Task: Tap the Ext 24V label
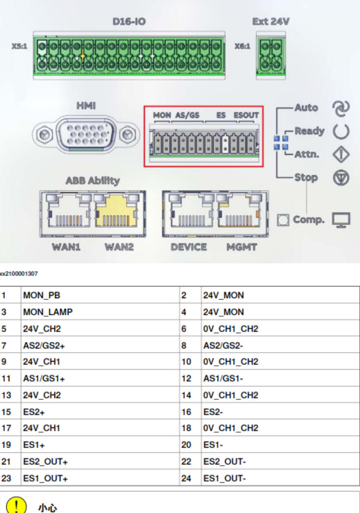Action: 271,22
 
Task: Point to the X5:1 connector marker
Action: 19,48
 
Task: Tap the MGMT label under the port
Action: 239,247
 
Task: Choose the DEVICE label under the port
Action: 189,247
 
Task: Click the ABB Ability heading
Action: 92,181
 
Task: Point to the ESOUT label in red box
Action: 246,115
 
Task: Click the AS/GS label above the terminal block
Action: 187,115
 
